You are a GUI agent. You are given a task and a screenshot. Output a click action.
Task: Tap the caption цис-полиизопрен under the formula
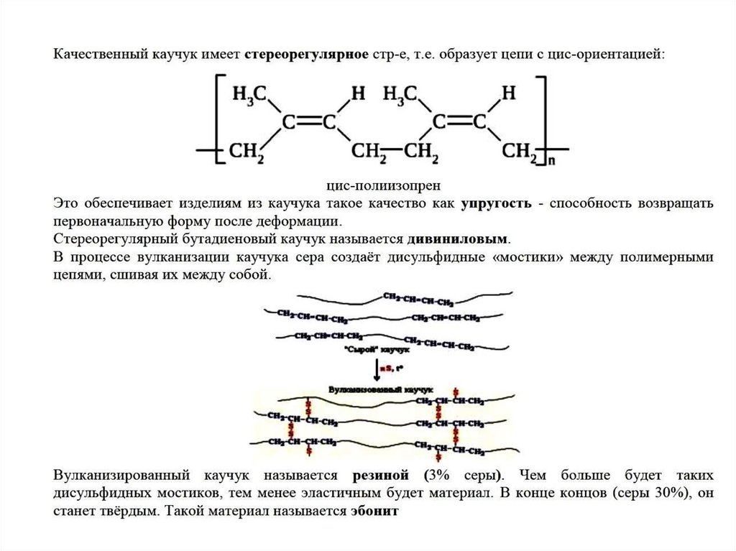pos(382,185)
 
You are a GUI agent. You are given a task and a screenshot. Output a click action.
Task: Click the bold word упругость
pos(497,203)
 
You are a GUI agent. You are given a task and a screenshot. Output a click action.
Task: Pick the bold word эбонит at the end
pos(374,512)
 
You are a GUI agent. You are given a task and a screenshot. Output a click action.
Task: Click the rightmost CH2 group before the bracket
pos(520,152)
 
